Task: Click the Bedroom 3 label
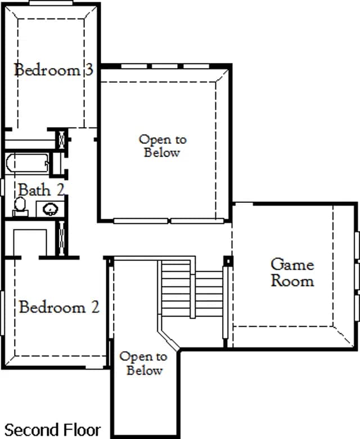click(53, 70)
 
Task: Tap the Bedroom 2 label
click(59, 307)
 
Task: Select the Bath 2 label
click(41, 190)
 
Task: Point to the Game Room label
click(292, 273)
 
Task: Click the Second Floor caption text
click(52, 430)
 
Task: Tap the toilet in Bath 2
click(20, 207)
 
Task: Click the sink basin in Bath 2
click(51, 209)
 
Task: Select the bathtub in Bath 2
click(27, 162)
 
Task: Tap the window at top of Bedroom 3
click(51, 3)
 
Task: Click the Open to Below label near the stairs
click(144, 364)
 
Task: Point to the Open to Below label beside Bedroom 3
click(163, 146)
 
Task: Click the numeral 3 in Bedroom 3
click(89, 70)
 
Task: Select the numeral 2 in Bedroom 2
click(95, 307)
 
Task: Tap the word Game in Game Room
click(292, 265)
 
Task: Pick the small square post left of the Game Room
click(228, 261)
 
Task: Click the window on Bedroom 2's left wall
click(2, 313)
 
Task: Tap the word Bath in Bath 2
click(35, 190)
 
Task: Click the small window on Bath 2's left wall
click(2, 187)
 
